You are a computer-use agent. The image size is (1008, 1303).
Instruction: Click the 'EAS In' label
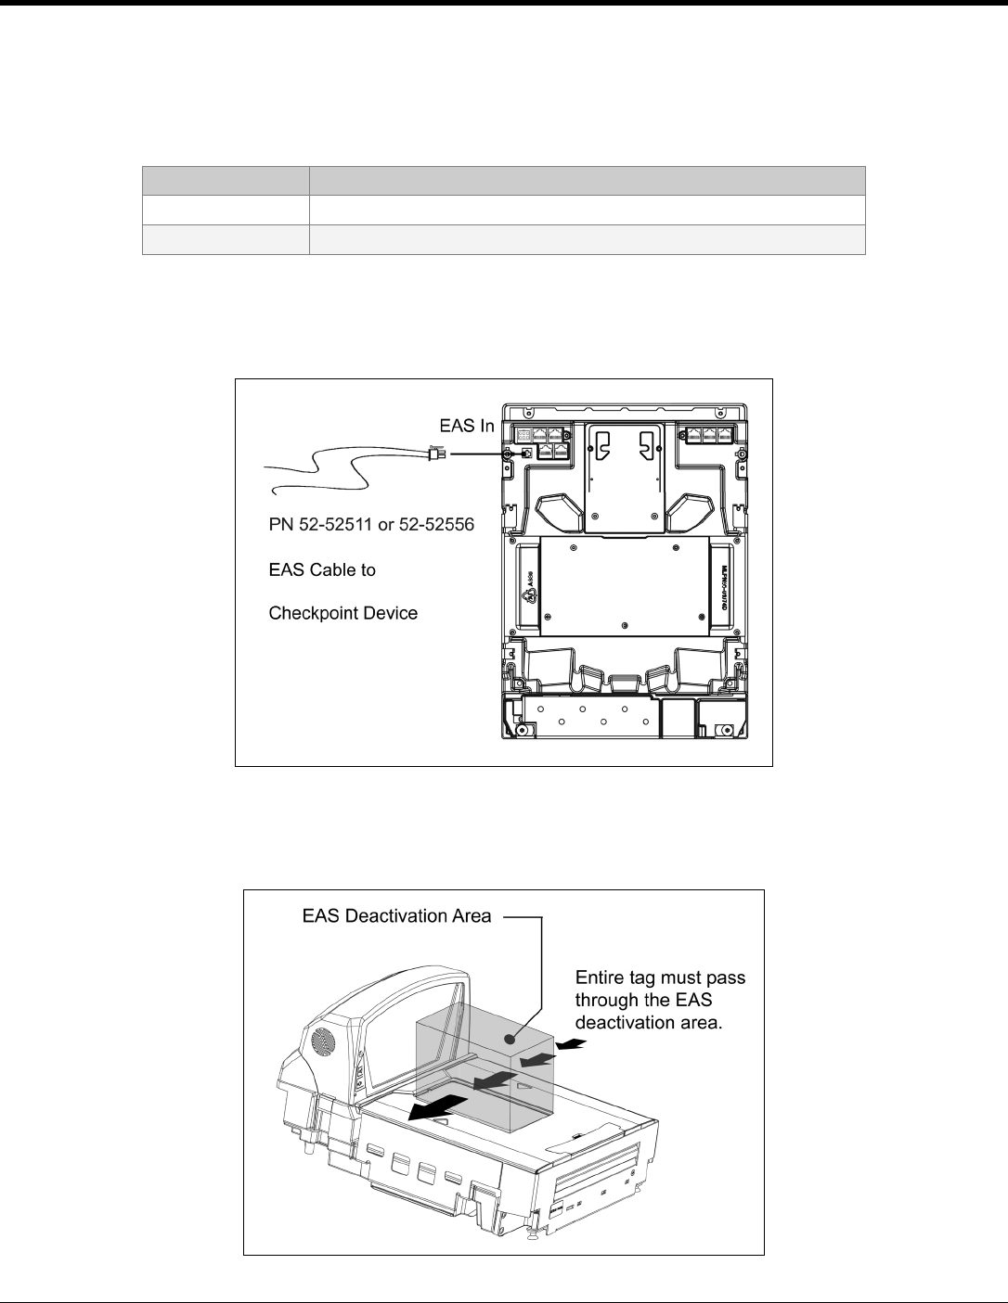tap(468, 426)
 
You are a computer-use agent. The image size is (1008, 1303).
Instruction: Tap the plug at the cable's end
tap(436, 454)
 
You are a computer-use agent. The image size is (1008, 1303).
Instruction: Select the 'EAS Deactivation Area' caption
tap(396, 916)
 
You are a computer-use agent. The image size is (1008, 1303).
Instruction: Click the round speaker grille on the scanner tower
tap(321, 1041)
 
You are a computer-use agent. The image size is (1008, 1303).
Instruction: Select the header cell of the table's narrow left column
tap(225, 180)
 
